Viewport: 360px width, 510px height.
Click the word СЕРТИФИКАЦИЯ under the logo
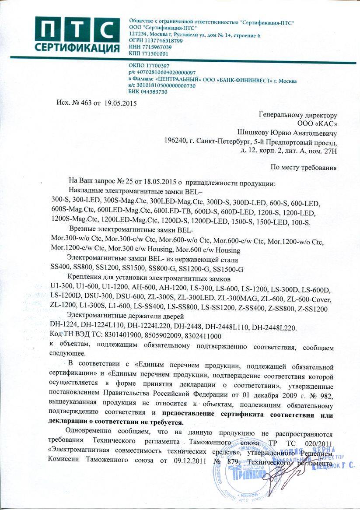[78, 47]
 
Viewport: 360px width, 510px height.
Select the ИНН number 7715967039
[156, 47]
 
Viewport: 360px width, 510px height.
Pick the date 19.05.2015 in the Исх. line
[120, 104]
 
